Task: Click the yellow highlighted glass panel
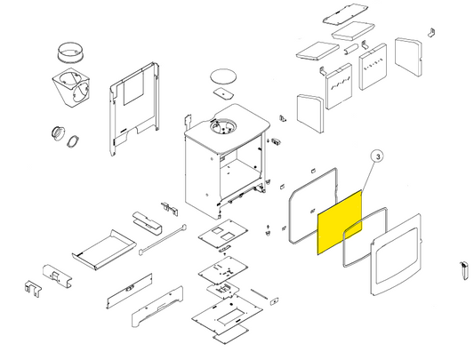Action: pyautogui.click(x=340, y=222)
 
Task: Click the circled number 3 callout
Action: pyautogui.click(x=378, y=156)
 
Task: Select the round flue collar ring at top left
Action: pyautogui.click(x=70, y=53)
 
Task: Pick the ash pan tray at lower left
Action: pyautogui.click(x=104, y=250)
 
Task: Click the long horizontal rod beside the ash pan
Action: pyautogui.click(x=163, y=240)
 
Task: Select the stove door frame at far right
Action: pyautogui.click(x=396, y=253)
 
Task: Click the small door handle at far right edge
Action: pyautogui.click(x=463, y=270)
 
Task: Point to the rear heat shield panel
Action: pyautogui.click(x=134, y=108)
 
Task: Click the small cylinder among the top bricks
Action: pyautogui.click(x=351, y=49)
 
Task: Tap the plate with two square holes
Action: pyautogui.click(x=223, y=234)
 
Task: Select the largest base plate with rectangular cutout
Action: pyautogui.click(x=227, y=315)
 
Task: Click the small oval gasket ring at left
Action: pyautogui.click(x=73, y=141)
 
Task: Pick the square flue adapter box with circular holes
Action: pyautogui.click(x=71, y=88)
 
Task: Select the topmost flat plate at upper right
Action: pyautogui.click(x=345, y=14)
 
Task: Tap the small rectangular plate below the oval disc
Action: pyautogui.click(x=223, y=93)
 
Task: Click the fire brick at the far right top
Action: pyautogui.click(x=408, y=57)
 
